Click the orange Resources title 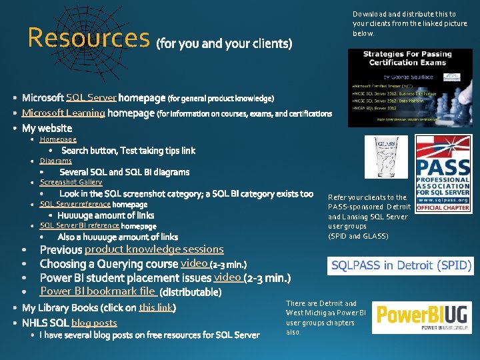(88, 39)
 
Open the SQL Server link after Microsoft (91, 98)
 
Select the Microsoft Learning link (63, 113)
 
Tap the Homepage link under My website (58, 139)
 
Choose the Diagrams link (56, 161)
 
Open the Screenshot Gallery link (71, 182)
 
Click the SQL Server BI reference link (79, 225)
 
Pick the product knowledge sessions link (154, 249)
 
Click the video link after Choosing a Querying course (194, 263)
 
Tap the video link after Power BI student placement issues (227, 277)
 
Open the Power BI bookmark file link (98, 291)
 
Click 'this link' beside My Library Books (156, 307)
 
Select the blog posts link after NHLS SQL (94, 323)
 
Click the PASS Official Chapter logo (443, 173)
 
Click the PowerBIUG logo (422, 317)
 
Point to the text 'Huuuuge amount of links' (105, 215)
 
